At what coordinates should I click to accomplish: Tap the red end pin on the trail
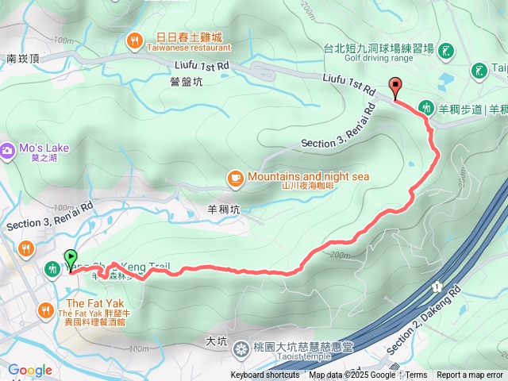395,87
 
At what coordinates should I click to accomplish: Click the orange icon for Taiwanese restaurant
136,39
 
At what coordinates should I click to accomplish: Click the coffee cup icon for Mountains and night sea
234,178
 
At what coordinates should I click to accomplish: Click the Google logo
30,370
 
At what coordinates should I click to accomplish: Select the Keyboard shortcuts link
265,375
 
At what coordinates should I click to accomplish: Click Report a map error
470,375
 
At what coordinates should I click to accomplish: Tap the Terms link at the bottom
416,375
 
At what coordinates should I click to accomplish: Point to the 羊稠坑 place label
223,210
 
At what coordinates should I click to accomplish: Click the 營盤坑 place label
184,80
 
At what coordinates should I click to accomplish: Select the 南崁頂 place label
23,59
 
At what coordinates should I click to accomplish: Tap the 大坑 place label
216,341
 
